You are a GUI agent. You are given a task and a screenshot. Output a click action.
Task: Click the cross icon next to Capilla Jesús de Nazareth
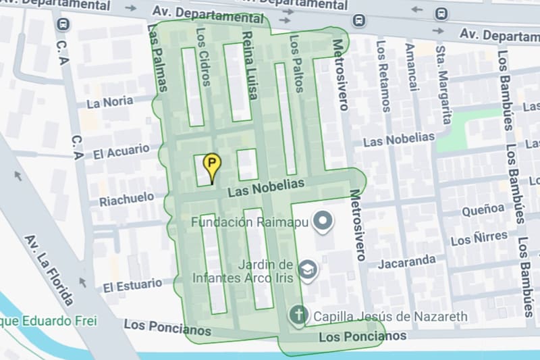coord(298,314)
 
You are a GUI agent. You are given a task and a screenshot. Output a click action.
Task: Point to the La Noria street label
coord(110,103)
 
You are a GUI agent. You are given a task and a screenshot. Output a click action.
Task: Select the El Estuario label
coord(132,286)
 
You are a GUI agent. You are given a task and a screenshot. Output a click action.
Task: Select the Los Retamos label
coord(383,76)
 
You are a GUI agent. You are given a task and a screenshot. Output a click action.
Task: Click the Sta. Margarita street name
coord(443,84)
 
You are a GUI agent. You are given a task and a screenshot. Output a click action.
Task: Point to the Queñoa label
coord(483,211)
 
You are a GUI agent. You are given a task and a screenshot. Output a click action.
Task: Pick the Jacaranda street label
coord(406,261)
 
